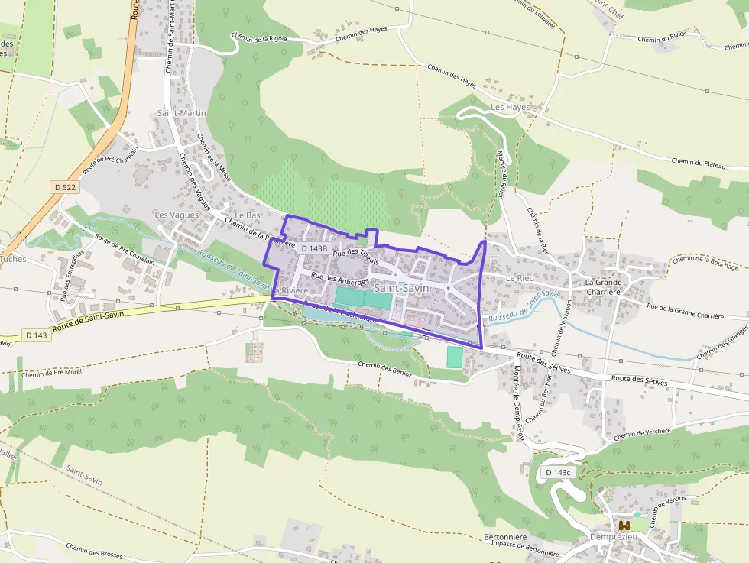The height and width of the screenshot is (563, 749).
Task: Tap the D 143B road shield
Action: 314,248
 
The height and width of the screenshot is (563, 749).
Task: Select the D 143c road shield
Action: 559,473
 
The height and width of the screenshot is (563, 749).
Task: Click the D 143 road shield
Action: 36,335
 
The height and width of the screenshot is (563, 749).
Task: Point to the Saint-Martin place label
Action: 182,113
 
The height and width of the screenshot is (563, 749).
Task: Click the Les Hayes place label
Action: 511,108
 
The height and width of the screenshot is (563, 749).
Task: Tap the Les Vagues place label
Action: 177,215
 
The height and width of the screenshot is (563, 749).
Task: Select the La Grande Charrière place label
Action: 604,287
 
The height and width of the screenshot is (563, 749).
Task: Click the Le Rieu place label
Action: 520,279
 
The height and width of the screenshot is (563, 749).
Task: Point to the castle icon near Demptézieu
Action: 624,526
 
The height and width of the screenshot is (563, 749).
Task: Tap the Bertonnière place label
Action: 505,537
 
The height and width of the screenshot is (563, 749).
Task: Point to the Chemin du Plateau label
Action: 698,162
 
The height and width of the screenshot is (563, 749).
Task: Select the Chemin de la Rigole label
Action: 260,37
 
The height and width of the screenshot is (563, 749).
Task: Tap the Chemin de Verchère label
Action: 641,432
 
